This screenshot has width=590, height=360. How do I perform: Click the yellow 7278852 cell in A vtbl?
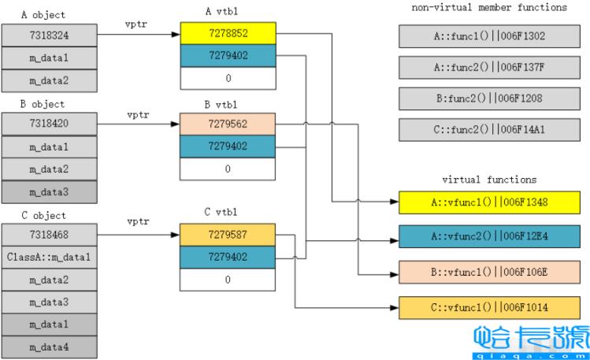227,33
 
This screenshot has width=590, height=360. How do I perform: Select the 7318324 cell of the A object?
48,35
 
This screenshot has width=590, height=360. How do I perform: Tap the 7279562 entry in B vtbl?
227,124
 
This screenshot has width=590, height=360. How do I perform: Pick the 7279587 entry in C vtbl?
227,236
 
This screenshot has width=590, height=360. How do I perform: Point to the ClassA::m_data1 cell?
48,258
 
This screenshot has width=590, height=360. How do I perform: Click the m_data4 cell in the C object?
48,347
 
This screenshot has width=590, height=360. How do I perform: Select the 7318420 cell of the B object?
48,124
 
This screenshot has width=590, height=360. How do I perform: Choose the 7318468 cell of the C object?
48,236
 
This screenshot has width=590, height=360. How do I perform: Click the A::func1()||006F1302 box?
489,36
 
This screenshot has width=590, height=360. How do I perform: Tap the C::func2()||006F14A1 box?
489,129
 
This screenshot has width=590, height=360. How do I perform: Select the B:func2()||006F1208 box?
489,98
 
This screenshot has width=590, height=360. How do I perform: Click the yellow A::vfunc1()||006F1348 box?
489,202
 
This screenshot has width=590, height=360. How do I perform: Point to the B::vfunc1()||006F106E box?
489,272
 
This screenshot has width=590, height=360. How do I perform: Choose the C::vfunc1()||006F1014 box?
489,306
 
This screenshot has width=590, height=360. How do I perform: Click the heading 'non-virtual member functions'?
488,8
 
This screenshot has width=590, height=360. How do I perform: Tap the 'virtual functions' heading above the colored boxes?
488,180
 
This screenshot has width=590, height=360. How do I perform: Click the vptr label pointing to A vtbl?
139,25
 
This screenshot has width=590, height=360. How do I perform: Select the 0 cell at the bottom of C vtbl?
227,280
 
